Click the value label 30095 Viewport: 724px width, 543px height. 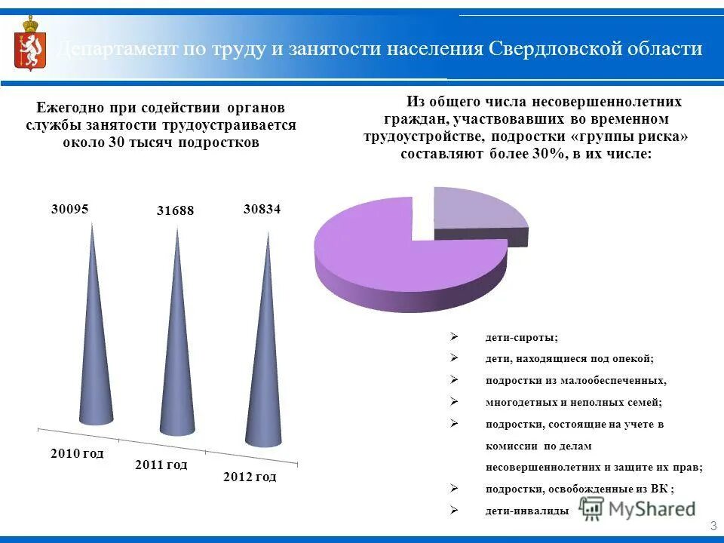70,210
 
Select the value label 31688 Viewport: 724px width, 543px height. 175,211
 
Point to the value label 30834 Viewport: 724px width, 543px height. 262,210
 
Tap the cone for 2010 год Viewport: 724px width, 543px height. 95,362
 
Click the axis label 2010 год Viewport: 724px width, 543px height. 77,453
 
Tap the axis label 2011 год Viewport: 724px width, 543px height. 161,465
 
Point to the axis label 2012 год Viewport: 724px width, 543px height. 250,477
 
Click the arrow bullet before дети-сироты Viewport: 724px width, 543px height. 455,336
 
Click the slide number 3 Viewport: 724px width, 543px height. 713,526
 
